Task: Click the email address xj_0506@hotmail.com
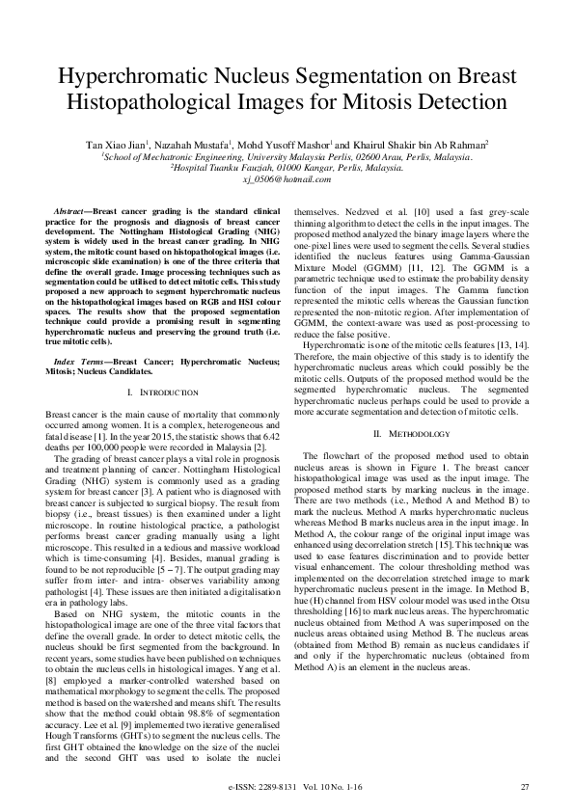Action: coord(287,179)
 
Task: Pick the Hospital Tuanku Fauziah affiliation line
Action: coord(287,167)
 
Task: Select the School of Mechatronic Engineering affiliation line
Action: coord(287,155)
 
